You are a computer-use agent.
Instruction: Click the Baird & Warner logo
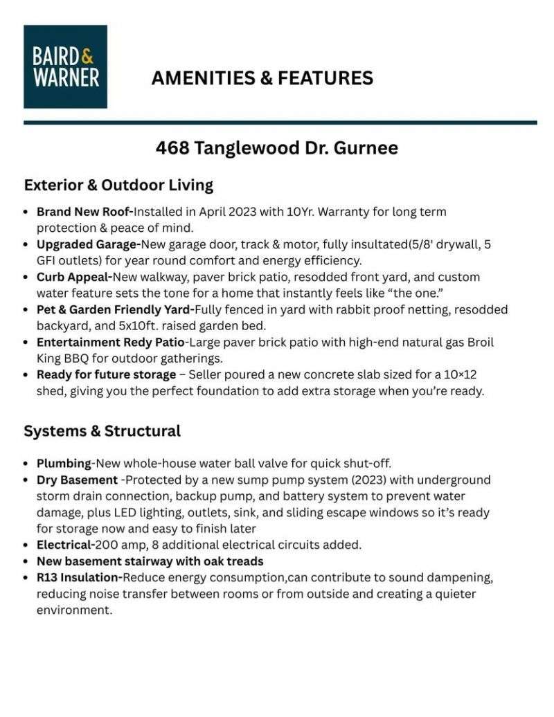[x=65, y=66]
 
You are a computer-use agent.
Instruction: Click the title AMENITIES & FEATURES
[x=262, y=78]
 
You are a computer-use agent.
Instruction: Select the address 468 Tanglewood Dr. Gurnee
[x=276, y=148]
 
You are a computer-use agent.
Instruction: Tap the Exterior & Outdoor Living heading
[x=118, y=185]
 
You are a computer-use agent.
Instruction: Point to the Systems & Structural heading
[x=102, y=431]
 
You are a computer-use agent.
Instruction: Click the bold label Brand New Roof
[x=84, y=212]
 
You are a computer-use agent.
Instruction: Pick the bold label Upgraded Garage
[x=89, y=244]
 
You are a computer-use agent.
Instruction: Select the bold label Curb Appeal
[x=74, y=277]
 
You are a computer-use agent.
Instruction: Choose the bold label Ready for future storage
[x=106, y=374]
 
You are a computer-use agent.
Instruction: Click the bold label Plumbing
[x=64, y=463]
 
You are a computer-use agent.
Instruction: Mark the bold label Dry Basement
[x=77, y=480]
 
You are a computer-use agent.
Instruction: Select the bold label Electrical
[x=66, y=545]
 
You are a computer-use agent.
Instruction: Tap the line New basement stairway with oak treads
[x=150, y=561]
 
